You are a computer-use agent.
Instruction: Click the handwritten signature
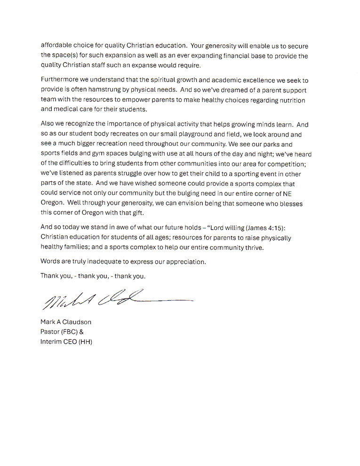118,299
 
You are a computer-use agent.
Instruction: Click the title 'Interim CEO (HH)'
66,342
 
